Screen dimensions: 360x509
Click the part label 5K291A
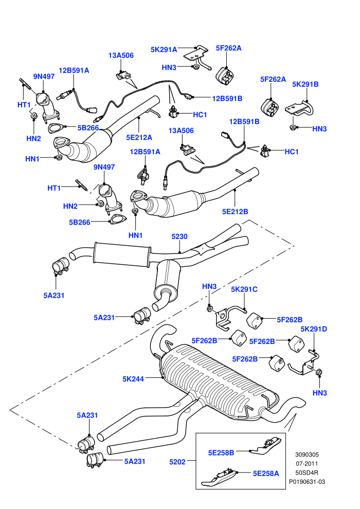pyautogui.click(x=164, y=49)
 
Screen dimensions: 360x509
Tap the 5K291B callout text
pyautogui.click(x=305, y=84)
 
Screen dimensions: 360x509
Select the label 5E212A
pyautogui.click(x=139, y=137)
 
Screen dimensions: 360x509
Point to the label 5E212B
pyautogui.click(x=235, y=211)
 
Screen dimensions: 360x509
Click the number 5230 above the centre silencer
pyautogui.click(x=179, y=237)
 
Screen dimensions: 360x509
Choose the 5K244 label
pyautogui.click(x=133, y=379)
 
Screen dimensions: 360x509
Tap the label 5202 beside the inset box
pyautogui.click(x=177, y=462)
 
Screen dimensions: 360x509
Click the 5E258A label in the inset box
pyautogui.click(x=266, y=474)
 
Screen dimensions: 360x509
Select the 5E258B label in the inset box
pyautogui.click(x=221, y=452)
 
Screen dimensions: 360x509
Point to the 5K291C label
pyautogui.click(x=244, y=289)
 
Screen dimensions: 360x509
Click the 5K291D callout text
pyautogui.click(x=314, y=329)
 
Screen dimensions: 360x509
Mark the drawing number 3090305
pyautogui.click(x=307, y=455)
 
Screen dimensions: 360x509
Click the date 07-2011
pyautogui.click(x=307, y=464)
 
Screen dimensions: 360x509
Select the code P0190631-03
pyautogui.click(x=307, y=482)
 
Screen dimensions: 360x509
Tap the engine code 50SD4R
pyautogui.click(x=307, y=472)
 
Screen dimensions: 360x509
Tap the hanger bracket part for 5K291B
pyautogui.click(x=300, y=109)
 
